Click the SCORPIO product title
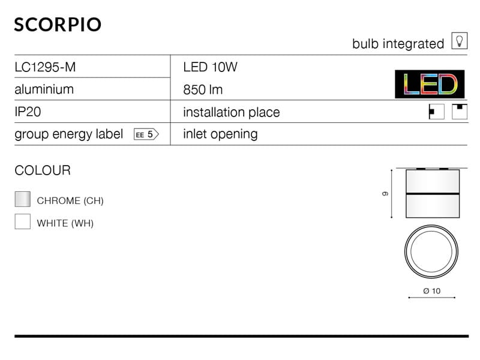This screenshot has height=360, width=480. point(58,25)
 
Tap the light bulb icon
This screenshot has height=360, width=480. point(459,40)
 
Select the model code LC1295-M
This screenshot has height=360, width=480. point(45,67)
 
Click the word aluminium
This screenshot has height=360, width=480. point(44,89)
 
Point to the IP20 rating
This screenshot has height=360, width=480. point(28,112)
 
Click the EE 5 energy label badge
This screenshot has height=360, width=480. point(146,134)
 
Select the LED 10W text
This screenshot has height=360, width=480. point(210,67)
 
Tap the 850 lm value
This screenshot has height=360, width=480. point(203,89)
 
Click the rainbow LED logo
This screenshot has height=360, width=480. point(430,84)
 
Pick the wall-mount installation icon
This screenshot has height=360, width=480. point(437,112)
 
